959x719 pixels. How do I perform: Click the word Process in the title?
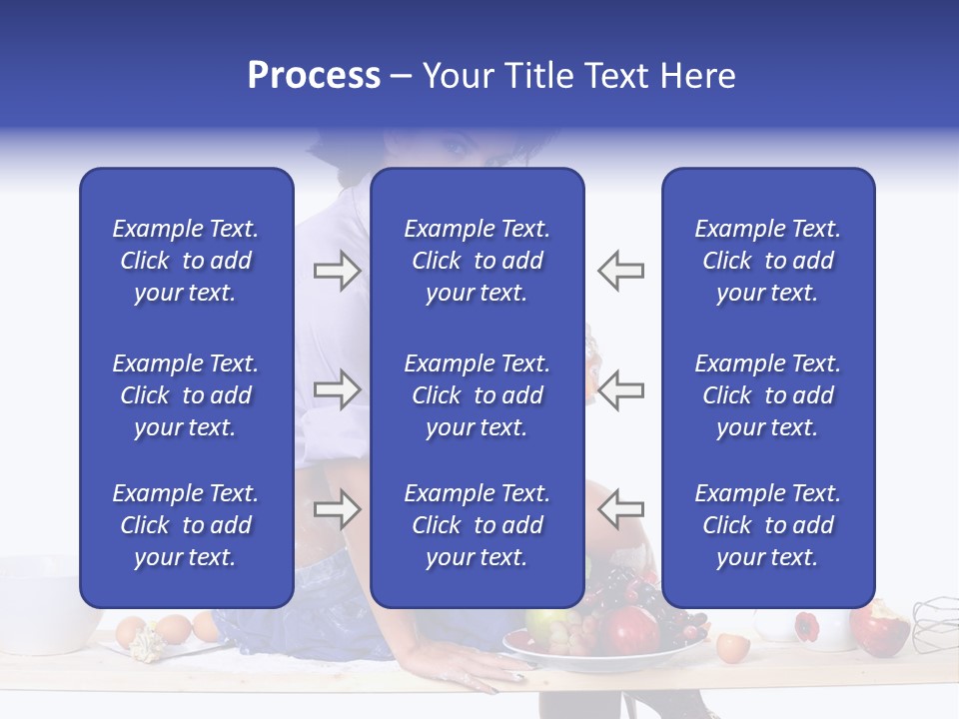coord(314,76)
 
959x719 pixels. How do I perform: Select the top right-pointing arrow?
coord(337,270)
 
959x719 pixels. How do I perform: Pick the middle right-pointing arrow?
coord(337,389)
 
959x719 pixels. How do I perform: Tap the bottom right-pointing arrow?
coord(337,509)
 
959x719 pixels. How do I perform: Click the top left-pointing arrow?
coord(620,270)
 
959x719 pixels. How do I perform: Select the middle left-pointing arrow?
coord(620,389)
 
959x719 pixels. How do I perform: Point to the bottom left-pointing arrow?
coord(620,509)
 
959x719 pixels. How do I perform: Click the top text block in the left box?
coord(186,261)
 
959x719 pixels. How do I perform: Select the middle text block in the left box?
coord(186,395)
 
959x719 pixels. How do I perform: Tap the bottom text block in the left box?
coord(186,525)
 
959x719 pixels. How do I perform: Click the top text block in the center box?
coord(477,261)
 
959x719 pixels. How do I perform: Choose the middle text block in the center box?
coord(477,395)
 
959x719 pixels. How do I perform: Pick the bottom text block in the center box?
coord(477,525)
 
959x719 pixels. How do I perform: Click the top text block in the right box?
coord(767,261)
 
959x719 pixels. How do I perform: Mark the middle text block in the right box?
coord(767,395)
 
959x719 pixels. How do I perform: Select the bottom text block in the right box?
coord(767,525)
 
